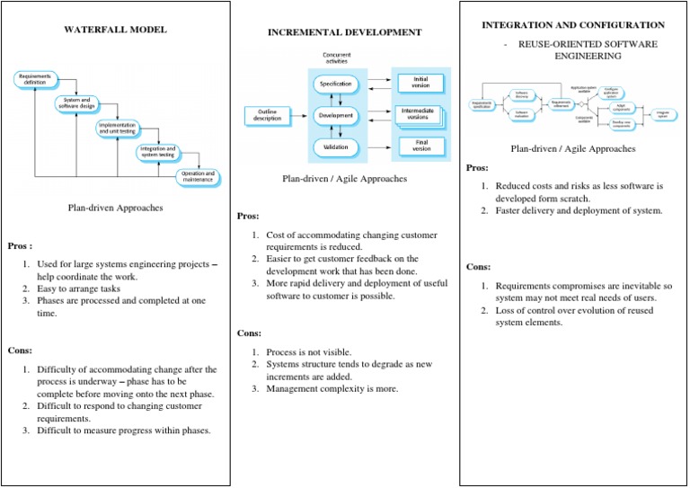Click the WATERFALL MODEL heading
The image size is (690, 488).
point(115,30)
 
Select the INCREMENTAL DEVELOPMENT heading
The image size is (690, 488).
point(344,32)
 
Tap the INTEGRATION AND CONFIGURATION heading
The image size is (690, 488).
point(573,24)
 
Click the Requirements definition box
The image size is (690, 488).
point(35,80)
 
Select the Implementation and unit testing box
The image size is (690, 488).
point(118,129)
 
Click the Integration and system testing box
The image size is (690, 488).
point(157,153)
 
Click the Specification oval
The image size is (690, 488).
point(336,84)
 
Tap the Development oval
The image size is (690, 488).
point(336,115)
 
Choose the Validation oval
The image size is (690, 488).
point(336,146)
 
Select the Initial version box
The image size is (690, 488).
point(420,82)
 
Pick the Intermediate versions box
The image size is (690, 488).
point(420,114)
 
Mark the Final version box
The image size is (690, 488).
point(420,146)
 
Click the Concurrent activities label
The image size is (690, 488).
point(336,58)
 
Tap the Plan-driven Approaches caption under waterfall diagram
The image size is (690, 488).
point(115,208)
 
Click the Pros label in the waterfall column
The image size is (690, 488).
point(20,244)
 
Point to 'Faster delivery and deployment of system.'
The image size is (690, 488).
point(579,211)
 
